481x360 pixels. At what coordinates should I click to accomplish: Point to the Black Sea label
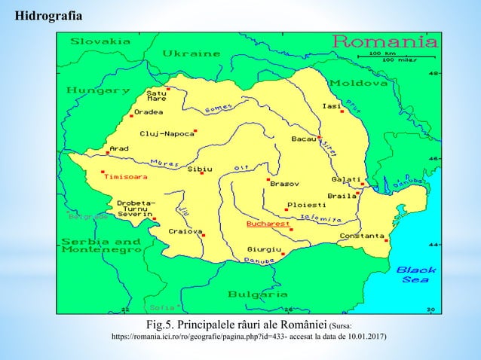click(x=416, y=273)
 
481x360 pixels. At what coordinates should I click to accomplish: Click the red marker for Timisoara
click(x=103, y=172)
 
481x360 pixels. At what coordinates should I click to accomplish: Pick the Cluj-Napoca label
click(x=166, y=134)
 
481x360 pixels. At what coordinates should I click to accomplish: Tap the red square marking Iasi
click(x=342, y=111)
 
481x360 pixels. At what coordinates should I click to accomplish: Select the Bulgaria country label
click(x=257, y=294)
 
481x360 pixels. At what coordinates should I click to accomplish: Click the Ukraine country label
click(x=191, y=53)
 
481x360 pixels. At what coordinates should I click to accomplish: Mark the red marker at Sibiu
click(x=202, y=182)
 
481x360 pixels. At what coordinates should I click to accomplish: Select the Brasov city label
click(x=284, y=185)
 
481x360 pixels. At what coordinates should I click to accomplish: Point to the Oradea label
click(x=148, y=114)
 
